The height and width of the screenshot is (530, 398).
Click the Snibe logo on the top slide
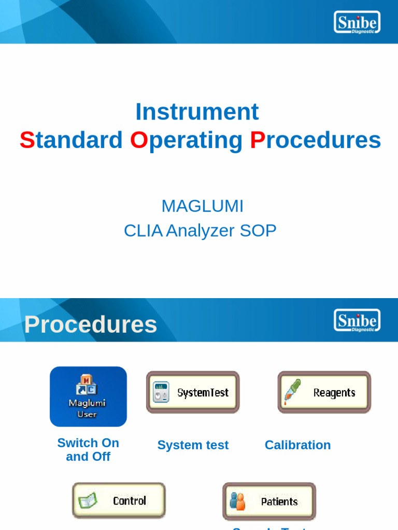(357, 22)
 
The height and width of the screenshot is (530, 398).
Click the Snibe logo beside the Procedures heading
(357, 320)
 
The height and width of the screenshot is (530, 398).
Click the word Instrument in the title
(197, 112)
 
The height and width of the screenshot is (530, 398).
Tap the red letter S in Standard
(27, 140)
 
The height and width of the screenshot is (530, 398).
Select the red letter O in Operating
(139, 140)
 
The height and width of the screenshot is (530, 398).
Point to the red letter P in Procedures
(258, 140)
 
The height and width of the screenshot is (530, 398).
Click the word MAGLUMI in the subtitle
(202, 206)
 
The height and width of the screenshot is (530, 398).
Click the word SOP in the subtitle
(258, 231)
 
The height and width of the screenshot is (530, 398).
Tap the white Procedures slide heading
(91, 325)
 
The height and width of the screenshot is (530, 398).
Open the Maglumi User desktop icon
(88, 396)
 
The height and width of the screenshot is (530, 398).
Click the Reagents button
(324, 392)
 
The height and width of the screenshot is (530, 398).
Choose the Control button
(119, 500)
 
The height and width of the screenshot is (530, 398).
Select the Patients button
(269, 501)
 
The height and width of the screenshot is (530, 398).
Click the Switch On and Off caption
(88, 450)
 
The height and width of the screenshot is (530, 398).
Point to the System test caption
(193, 445)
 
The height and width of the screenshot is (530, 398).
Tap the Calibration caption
(297, 445)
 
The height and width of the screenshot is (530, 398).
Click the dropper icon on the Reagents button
(292, 392)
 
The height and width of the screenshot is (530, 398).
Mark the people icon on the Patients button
(237, 501)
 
